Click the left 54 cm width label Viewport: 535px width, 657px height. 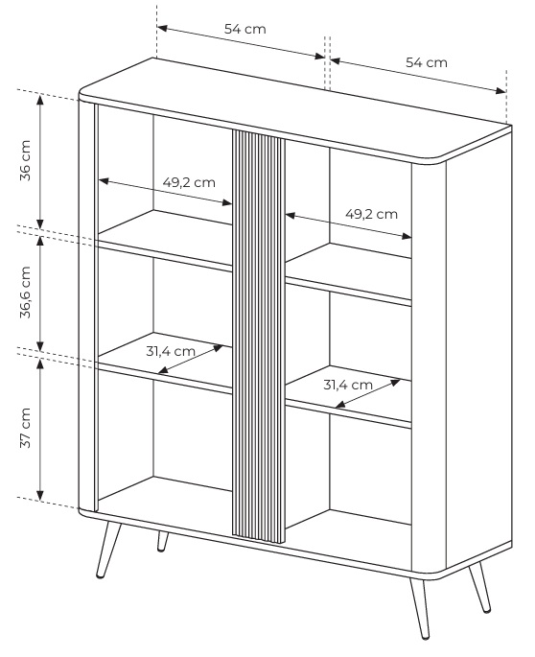tap(245, 29)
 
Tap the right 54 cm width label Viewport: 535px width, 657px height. tap(427, 62)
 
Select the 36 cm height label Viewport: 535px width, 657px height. tap(26, 160)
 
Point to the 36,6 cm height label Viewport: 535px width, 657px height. tap(26, 292)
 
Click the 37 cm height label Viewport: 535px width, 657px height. tap(26, 428)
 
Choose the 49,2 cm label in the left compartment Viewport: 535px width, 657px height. tap(189, 182)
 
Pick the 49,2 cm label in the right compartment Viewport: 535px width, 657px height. tap(371, 214)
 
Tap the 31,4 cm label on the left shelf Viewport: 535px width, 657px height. tap(171, 351)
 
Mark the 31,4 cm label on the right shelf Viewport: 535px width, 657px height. tap(348, 385)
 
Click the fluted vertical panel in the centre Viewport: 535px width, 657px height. tap(259, 336)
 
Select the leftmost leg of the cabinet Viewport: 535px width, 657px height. tap(107, 550)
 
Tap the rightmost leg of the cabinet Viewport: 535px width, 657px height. tap(479, 587)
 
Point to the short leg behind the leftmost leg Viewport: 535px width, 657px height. tap(162, 541)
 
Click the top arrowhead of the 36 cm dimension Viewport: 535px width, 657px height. tap(40, 100)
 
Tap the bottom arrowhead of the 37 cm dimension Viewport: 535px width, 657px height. tap(40, 495)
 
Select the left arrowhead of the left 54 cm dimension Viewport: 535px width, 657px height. tap(163, 29)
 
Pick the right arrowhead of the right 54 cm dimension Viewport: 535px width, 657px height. tap(500, 90)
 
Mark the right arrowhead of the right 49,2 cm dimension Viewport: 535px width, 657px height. tap(407, 236)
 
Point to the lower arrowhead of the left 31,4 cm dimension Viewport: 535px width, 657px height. tap(163, 370)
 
